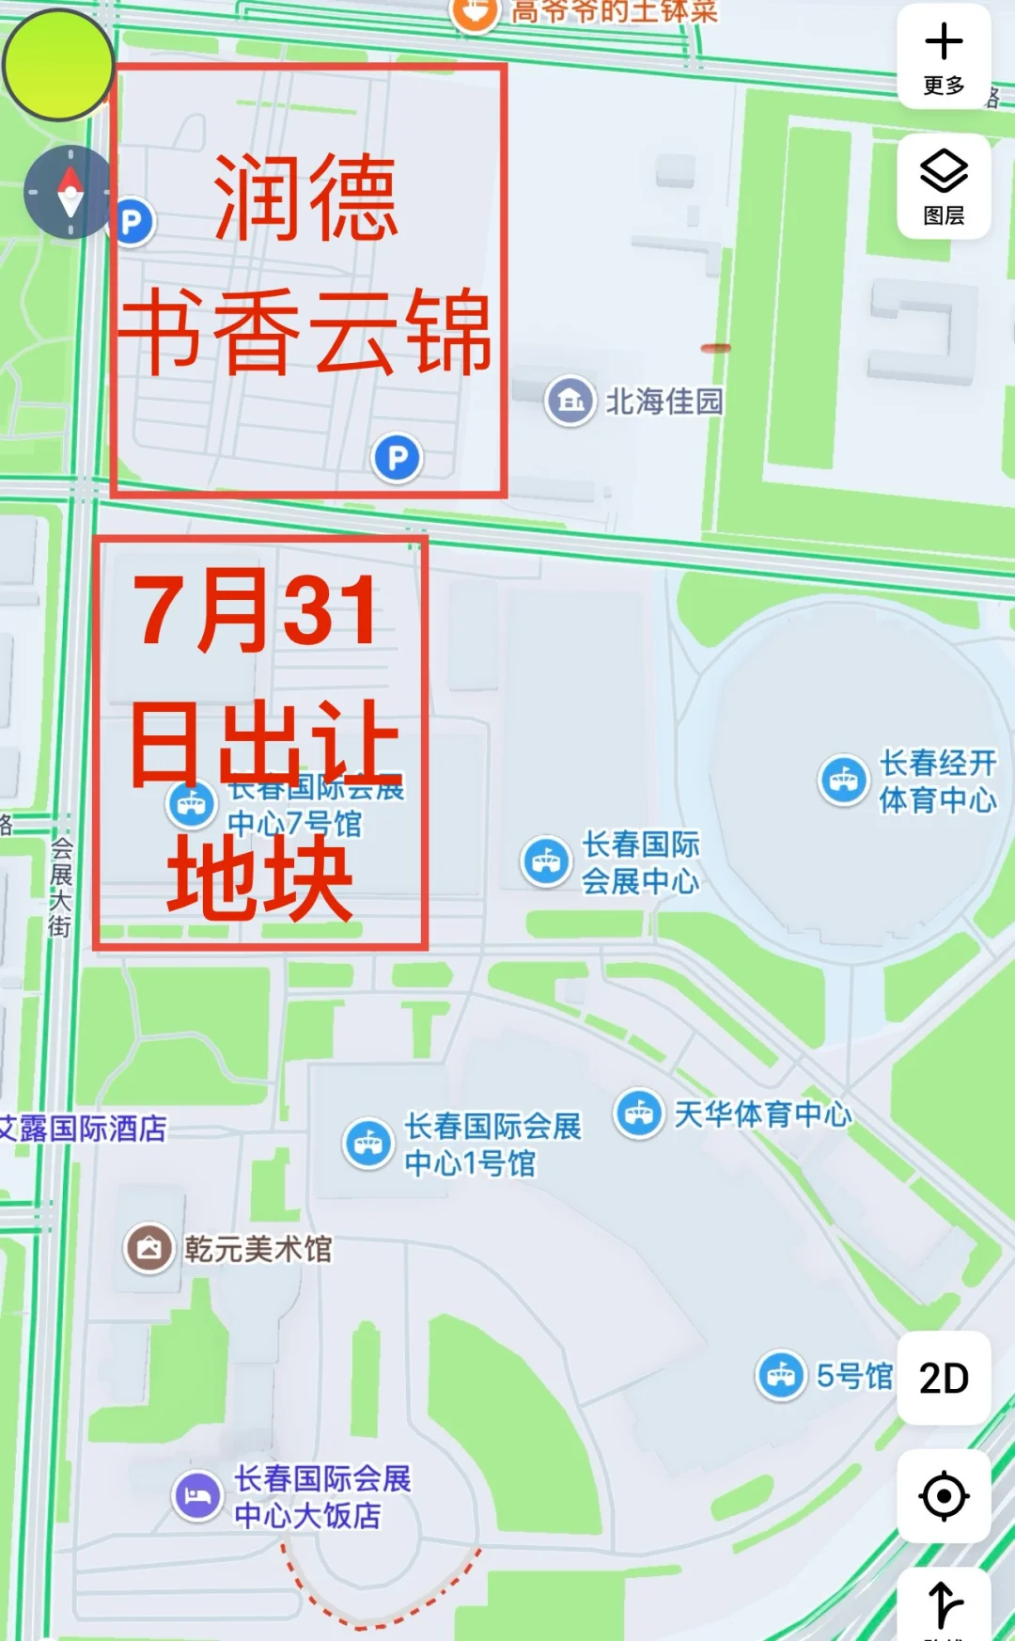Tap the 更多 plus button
(944, 56)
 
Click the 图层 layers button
(944, 186)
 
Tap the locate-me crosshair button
(944, 1496)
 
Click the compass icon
(70, 192)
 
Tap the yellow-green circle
(58, 65)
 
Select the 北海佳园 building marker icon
(570, 401)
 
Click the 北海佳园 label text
(664, 402)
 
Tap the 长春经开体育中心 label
(937, 781)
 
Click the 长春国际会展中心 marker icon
(546, 861)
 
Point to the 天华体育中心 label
(762, 1114)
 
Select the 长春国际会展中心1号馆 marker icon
(368, 1144)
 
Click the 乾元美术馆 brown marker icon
(149, 1249)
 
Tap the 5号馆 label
(853, 1376)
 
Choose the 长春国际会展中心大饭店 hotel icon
(197, 1495)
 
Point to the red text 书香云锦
(306, 331)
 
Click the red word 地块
(260, 877)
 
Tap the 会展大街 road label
(61, 887)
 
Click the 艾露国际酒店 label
(83, 1128)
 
